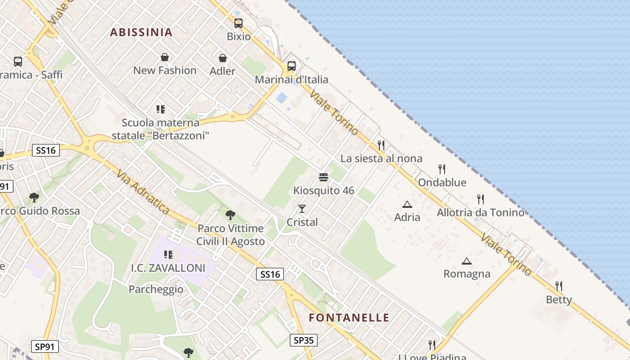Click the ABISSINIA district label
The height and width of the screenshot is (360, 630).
(141, 32)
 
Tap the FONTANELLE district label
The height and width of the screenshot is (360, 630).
(349, 318)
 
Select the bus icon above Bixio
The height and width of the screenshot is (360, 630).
(238, 23)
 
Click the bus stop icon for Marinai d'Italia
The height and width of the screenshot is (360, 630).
(292, 66)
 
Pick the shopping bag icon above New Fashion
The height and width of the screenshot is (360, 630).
(165, 57)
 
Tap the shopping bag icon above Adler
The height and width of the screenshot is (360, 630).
(223, 58)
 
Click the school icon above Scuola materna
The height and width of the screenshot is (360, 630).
(161, 109)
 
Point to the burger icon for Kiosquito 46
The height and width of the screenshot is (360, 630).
(323, 177)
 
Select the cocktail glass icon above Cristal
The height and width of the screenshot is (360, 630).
(302, 209)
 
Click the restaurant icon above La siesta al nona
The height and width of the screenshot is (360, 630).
(381, 145)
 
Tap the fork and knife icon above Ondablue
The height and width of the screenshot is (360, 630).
(442, 169)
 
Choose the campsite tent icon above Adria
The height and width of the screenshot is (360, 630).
(407, 204)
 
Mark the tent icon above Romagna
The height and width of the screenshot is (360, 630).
(467, 261)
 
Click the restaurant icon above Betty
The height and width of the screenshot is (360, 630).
(559, 286)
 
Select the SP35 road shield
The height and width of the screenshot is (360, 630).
(304, 340)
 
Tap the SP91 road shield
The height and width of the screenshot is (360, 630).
(45, 346)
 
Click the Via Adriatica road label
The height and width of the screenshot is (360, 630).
(143, 192)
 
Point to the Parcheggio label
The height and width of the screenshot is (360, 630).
(156, 289)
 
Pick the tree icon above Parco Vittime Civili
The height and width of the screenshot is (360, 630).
(230, 215)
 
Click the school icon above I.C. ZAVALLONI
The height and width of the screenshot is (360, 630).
(168, 255)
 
